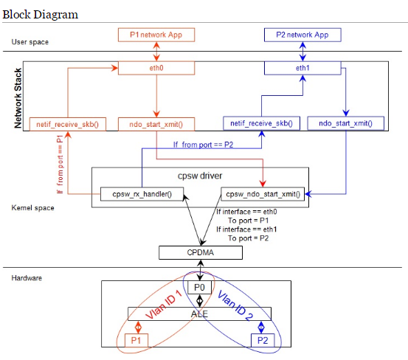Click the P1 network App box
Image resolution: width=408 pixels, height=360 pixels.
click(156, 35)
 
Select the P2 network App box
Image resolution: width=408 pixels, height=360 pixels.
click(302, 35)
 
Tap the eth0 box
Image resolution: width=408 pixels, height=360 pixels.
click(156, 68)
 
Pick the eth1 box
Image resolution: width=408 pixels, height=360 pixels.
click(302, 68)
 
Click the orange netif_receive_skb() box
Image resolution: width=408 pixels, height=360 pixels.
click(68, 124)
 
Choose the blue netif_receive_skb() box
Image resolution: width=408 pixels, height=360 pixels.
click(261, 123)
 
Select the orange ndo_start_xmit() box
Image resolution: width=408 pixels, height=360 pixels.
click(156, 124)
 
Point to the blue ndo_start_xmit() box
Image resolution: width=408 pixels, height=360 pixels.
click(346, 123)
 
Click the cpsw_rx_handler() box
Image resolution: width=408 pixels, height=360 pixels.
click(142, 194)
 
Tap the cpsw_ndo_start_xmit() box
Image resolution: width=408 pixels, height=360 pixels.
click(263, 194)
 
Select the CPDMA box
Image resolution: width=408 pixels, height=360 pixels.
click(201, 252)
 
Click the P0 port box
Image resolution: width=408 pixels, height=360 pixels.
click(200, 288)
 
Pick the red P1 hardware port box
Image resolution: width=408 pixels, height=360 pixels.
click(136, 340)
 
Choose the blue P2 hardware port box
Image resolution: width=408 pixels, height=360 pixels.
click(263, 340)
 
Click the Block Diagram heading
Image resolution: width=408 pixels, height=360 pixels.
click(41, 15)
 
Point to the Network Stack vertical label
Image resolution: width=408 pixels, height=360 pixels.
click(18, 98)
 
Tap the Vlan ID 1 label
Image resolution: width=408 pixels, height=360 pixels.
click(163, 305)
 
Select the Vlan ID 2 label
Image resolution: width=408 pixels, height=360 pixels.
click(235, 305)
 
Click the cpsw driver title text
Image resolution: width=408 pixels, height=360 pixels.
click(200, 176)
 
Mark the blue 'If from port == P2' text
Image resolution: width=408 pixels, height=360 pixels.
click(203, 145)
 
